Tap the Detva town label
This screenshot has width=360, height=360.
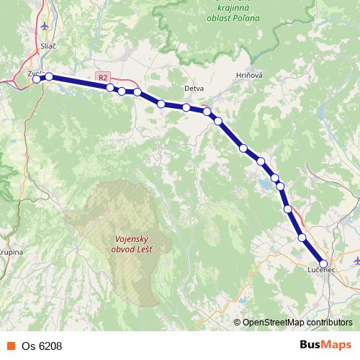(194, 89)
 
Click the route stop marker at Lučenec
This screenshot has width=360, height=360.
(324, 264)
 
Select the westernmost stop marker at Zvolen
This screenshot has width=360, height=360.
(37, 79)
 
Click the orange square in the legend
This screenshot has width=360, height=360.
(10, 346)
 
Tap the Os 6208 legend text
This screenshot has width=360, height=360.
(42, 346)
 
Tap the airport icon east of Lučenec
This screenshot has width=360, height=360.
(356, 259)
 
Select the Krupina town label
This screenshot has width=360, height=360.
(10, 253)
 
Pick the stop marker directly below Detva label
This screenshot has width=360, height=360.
(186, 108)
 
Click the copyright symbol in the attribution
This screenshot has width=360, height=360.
(237, 323)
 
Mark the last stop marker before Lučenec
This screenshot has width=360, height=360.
(302, 237)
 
